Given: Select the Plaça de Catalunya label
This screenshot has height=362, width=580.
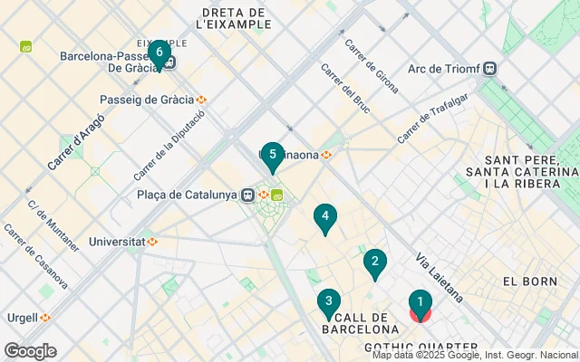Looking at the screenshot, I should (x=188, y=195).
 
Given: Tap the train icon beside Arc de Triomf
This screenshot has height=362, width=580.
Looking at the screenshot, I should (x=490, y=68).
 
